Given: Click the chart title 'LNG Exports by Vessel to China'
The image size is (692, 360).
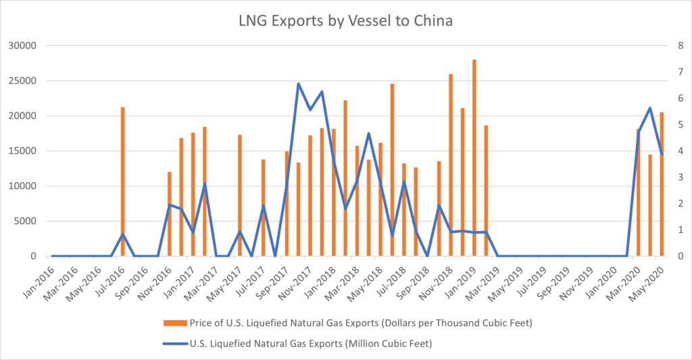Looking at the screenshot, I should pyautogui.click(x=345, y=21).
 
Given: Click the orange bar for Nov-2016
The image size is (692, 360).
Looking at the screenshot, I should pyautogui.click(x=170, y=213).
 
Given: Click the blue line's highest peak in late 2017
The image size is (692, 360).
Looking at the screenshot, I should pyautogui.click(x=298, y=84).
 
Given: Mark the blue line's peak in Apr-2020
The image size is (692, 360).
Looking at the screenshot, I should pyautogui.click(x=649, y=108).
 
